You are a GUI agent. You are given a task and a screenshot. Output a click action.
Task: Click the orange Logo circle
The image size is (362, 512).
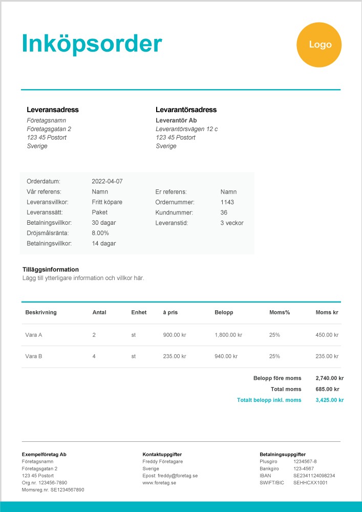pos(320,45)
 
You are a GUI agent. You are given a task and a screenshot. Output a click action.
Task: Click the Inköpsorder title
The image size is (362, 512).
pos(92,44)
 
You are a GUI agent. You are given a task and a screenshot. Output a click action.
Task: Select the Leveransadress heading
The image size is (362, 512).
pos(52,110)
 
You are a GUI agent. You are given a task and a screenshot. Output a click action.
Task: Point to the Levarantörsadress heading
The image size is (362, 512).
pos(186,110)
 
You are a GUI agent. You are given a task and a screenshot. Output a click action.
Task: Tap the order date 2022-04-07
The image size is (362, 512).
pos(107,181)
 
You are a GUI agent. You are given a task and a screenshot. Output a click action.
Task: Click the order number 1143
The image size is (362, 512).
pos(227,202)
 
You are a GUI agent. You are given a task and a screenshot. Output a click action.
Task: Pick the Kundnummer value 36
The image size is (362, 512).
pos(224,212)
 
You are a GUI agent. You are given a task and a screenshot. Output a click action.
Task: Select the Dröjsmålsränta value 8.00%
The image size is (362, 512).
pos(100,233)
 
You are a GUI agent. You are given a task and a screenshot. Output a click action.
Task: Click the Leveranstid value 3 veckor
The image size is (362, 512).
pos(232,223)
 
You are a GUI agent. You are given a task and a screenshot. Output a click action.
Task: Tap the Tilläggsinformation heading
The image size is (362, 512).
pos(51,269)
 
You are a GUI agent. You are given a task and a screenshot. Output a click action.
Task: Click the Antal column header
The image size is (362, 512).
pos(99,312)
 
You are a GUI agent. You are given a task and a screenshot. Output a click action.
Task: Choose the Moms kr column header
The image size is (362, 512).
pos(327,312)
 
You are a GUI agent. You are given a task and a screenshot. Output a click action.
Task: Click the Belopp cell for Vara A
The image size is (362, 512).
pos(228,335)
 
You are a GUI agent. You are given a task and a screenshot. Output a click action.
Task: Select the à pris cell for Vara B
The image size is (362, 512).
pos(174,356)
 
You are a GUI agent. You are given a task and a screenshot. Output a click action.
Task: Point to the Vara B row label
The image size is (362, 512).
pos(33,356)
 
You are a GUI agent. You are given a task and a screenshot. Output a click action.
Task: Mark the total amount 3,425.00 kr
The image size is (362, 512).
pos(330,400)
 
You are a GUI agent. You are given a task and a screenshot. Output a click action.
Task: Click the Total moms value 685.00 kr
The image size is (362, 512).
pos(329,389)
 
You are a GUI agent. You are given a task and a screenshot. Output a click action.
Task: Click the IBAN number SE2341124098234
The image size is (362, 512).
pos(314,476)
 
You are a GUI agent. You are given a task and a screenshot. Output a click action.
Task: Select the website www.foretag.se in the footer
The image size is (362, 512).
pos(159,483)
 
